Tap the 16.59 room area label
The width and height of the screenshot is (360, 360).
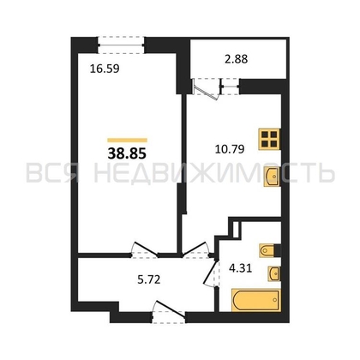(x=103, y=61)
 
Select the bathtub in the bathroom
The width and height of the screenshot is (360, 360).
(x=256, y=300)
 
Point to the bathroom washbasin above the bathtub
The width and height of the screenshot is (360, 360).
(x=272, y=273)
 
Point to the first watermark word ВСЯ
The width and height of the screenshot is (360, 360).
(x=57, y=175)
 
